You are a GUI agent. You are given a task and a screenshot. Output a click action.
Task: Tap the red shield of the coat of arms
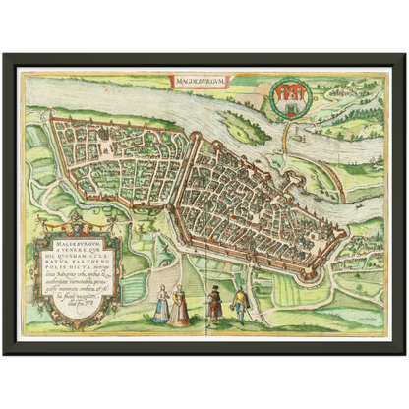click(284, 98)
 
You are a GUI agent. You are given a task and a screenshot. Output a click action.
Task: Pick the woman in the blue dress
click(160, 307)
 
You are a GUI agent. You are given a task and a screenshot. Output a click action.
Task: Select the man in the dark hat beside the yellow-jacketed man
click(213, 306)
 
